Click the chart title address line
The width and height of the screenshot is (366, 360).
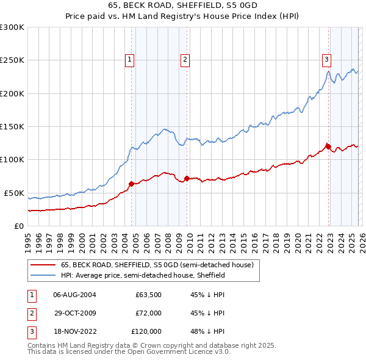tap(182, 6)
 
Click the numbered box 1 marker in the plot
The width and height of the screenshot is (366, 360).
tap(131, 59)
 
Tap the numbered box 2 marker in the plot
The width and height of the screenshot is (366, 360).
tap(184, 59)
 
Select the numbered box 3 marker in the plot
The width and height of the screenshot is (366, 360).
tap(327, 59)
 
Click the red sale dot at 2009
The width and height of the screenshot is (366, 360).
tap(187, 178)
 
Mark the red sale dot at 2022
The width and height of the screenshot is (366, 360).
tap(328, 146)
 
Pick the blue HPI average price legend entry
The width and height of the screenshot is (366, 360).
tap(143, 276)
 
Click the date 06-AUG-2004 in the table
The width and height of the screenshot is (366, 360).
tap(74, 295)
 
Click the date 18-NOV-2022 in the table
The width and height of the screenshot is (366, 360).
tap(74, 331)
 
